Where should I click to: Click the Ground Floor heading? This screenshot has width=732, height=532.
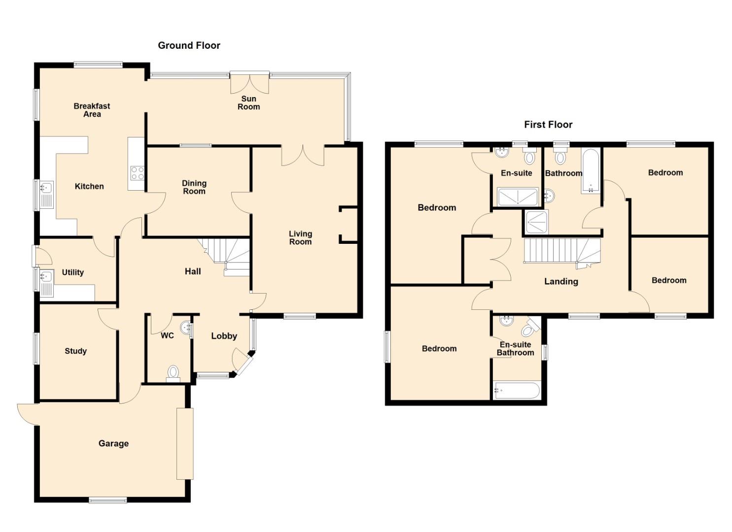pos(189,45)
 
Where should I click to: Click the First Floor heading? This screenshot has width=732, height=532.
pos(548,125)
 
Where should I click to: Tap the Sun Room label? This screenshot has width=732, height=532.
pos(249,102)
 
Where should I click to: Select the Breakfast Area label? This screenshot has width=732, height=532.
pos(92,110)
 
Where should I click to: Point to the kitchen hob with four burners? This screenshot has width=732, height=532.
pos(137,173)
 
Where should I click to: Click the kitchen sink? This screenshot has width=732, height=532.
pos(46,195)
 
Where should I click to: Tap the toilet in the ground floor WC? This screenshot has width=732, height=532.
pos(173,373)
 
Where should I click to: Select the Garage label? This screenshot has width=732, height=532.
pos(113,443)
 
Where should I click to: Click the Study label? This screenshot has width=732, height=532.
pos(75,351)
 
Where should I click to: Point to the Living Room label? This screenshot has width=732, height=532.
pos(300,238)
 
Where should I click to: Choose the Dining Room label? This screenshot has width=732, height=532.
pos(194,187)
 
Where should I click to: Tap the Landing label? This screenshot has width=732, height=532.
pos(561,281)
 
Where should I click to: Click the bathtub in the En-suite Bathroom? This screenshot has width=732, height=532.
pos(517,390)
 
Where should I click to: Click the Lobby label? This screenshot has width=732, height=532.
pos(224,336)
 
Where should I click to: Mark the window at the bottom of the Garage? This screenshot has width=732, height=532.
pos(108,500)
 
